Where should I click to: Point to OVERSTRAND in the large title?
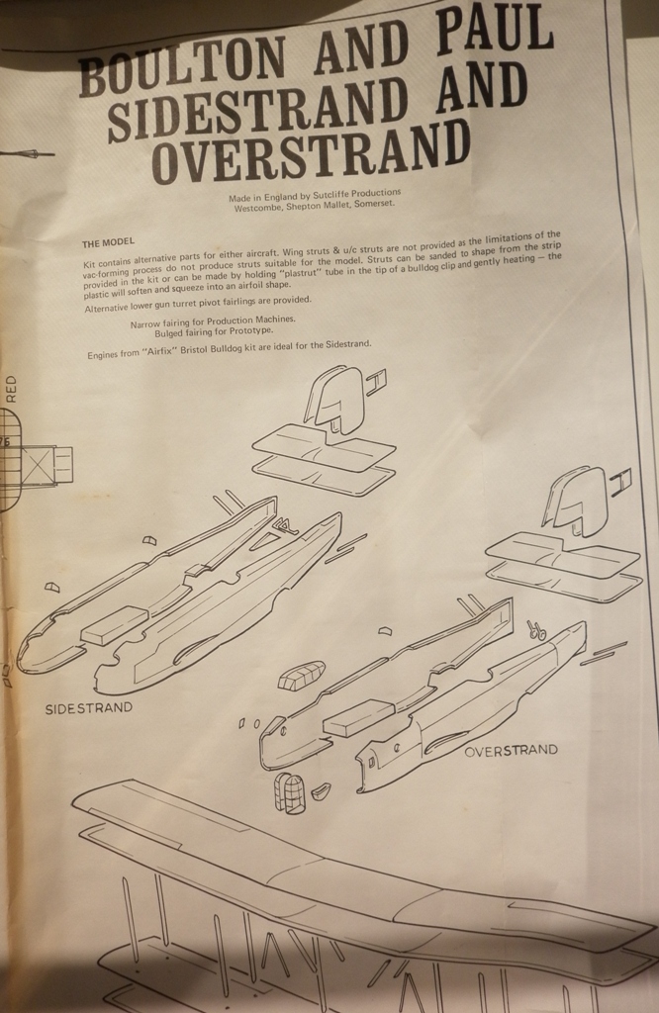tap(310, 155)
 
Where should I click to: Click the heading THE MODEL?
tap(108, 241)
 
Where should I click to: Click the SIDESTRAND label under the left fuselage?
tap(89, 708)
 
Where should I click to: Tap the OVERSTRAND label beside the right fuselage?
tap(511, 751)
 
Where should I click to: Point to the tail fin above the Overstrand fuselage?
tap(577, 501)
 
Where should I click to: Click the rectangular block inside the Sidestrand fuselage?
tap(114, 625)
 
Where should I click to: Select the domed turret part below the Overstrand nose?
tap(290, 792)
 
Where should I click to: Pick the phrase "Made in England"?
tap(259, 196)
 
